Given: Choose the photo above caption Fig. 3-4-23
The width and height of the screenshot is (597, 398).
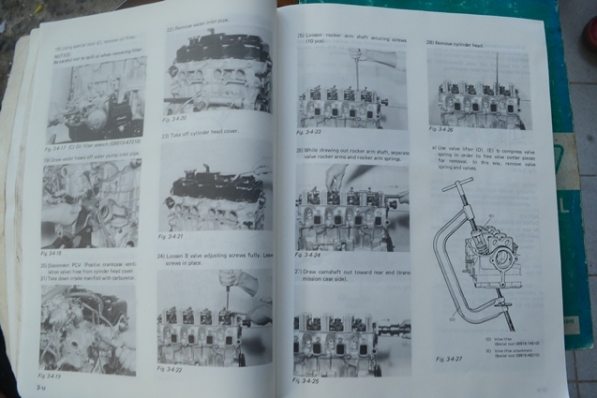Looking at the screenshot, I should point(344,94).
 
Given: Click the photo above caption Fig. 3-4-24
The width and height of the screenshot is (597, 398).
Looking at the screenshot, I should point(348,210).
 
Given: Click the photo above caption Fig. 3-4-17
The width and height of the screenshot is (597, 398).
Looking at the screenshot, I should point(98,99).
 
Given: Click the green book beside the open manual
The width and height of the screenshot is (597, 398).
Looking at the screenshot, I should point(572,199).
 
